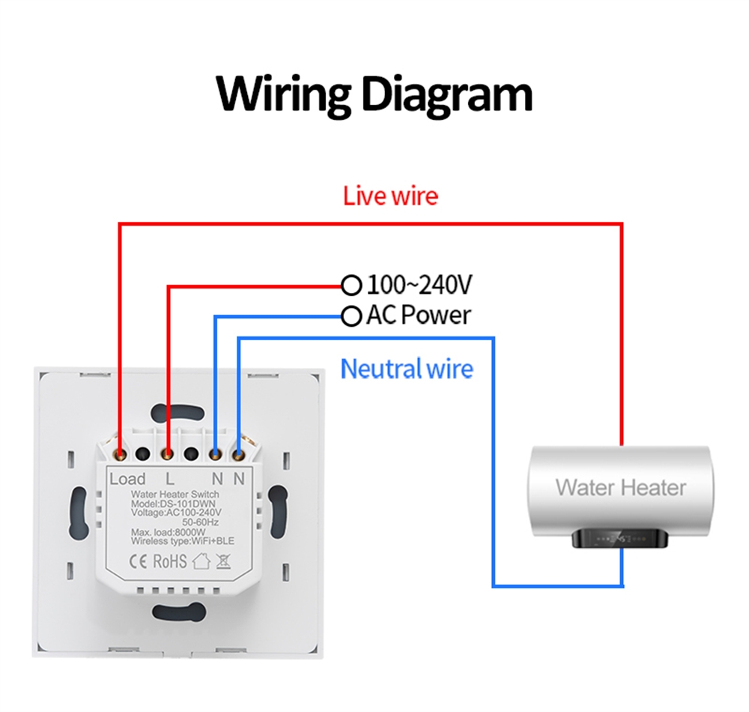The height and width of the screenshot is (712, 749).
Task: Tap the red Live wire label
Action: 390,196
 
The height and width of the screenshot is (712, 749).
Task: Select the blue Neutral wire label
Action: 407,369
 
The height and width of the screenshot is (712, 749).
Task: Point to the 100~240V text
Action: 419,285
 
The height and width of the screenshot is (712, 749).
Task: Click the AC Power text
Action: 418,316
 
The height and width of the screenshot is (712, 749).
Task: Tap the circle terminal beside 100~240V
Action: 351,285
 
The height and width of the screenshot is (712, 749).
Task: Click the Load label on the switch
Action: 127,479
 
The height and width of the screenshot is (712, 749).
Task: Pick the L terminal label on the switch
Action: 170,479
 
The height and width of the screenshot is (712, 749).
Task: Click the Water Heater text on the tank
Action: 620,488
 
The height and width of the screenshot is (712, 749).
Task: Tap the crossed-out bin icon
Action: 222,561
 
